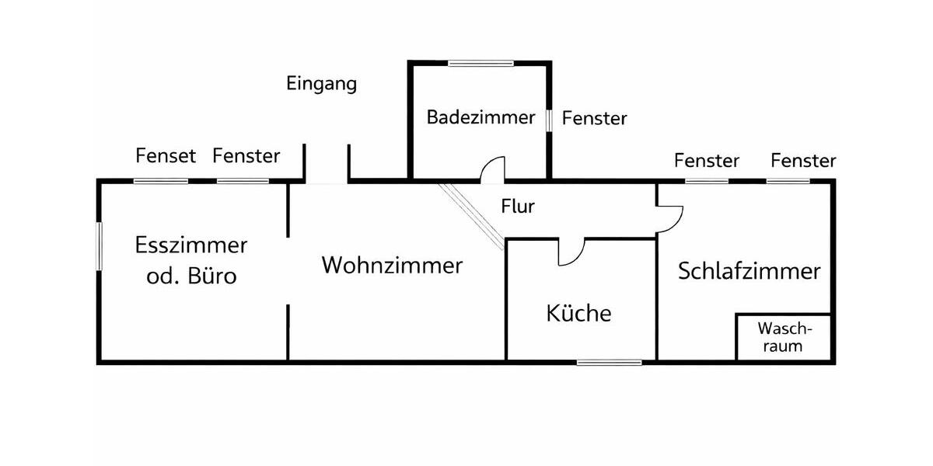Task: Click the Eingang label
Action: [321, 84]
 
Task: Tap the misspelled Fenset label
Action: [165, 156]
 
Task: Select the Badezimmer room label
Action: [480, 118]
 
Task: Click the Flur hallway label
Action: [518, 207]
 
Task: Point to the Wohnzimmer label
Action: [392, 266]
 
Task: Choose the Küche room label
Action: [578, 314]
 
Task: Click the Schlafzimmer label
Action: [749, 272]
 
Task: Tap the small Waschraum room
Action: [783, 337]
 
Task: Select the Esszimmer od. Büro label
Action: [191, 260]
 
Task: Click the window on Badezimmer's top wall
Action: [480, 63]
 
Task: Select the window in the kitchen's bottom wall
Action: [609, 362]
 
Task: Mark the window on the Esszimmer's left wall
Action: [100, 246]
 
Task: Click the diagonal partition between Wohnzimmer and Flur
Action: [471, 217]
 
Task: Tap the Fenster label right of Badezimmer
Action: [594, 119]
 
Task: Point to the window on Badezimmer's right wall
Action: [549, 120]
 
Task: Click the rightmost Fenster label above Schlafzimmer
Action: [803, 161]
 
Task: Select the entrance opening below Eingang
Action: [327, 182]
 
